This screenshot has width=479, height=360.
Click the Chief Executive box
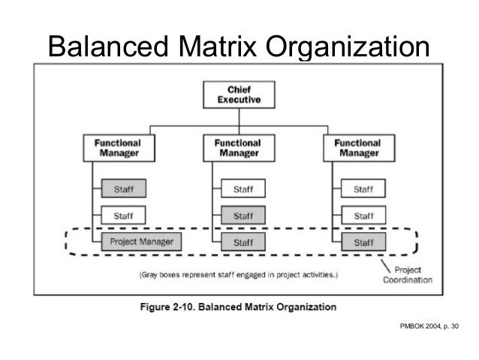239,94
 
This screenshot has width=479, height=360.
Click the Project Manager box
141,241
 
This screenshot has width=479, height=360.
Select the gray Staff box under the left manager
123,189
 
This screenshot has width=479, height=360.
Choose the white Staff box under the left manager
123,216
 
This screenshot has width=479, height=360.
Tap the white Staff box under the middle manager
243,189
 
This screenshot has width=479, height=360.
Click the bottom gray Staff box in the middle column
243,242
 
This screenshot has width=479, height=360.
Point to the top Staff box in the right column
363,189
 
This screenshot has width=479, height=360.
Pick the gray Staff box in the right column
363,242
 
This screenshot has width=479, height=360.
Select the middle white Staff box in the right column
363,216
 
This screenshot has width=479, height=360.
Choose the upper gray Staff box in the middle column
243,216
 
